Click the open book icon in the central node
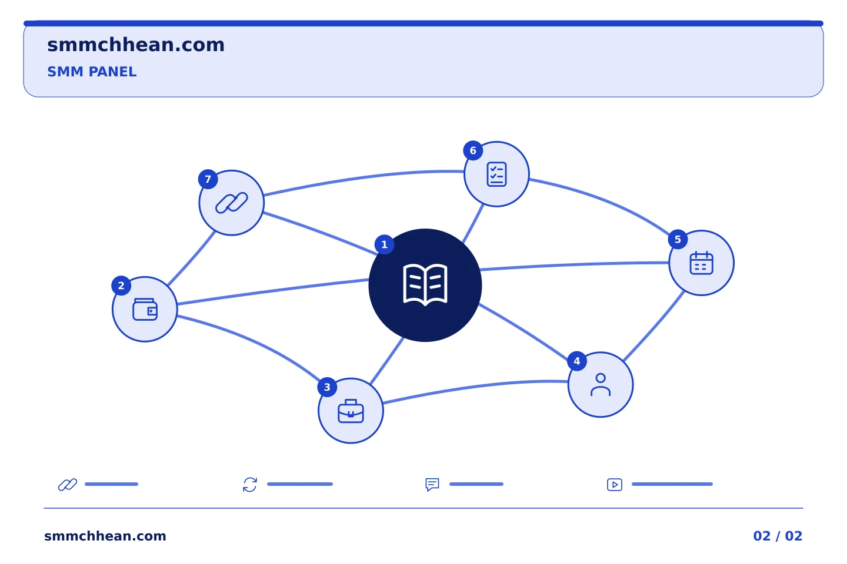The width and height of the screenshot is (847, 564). pyautogui.click(x=425, y=285)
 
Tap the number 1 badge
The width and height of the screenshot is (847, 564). pyautogui.click(x=384, y=245)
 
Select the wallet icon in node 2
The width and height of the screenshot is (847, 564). pyautogui.click(x=145, y=310)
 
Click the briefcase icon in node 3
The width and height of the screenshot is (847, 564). pyautogui.click(x=351, y=411)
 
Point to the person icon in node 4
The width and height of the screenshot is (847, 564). pyautogui.click(x=601, y=385)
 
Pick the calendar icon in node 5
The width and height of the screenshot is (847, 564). pyautogui.click(x=701, y=263)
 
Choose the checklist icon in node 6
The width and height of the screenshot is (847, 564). pyautogui.click(x=496, y=174)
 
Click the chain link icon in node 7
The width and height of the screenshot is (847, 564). pyautogui.click(x=231, y=203)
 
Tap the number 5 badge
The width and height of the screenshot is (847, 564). pyautogui.click(x=678, y=240)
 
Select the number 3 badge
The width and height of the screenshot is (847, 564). pyautogui.click(x=327, y=387)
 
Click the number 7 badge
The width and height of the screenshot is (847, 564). pyautogui.click(x=208, y=179)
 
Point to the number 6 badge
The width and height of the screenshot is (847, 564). pyautogui.click(x=473, y=151)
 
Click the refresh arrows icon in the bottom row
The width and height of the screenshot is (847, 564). pyautogui.click(x=250, y=485)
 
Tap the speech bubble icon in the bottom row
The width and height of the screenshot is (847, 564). pyautogui.click(x=432, y=485)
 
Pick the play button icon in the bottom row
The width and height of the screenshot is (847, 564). pyautogui.click(x=615, y=485)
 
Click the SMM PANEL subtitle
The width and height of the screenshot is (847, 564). pyautogui.click(x=92, y=72)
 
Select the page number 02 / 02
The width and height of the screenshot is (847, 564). pyautogui.click(x=778, y=536)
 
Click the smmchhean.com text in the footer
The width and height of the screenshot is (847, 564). pyautogui.click(x=105, y=536)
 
